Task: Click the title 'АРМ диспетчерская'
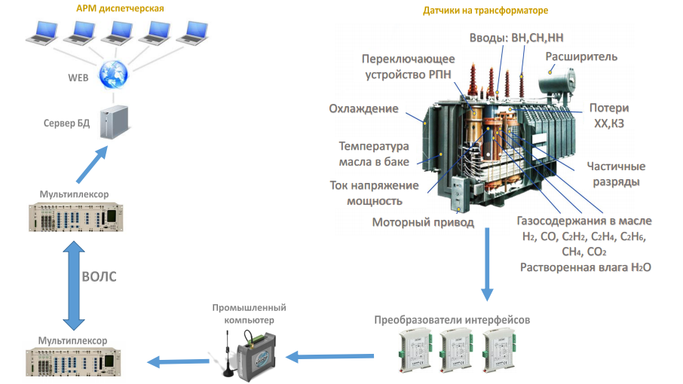point(120,8)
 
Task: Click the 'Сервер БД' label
point(66,123)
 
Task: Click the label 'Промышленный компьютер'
point(250,314)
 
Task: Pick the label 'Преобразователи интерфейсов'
point(452,320)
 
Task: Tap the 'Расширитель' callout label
point(582,56)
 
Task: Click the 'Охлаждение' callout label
point(363,109)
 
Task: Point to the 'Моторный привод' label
point(423,222)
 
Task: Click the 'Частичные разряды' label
point(616,174)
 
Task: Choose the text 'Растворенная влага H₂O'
point(585,267)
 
